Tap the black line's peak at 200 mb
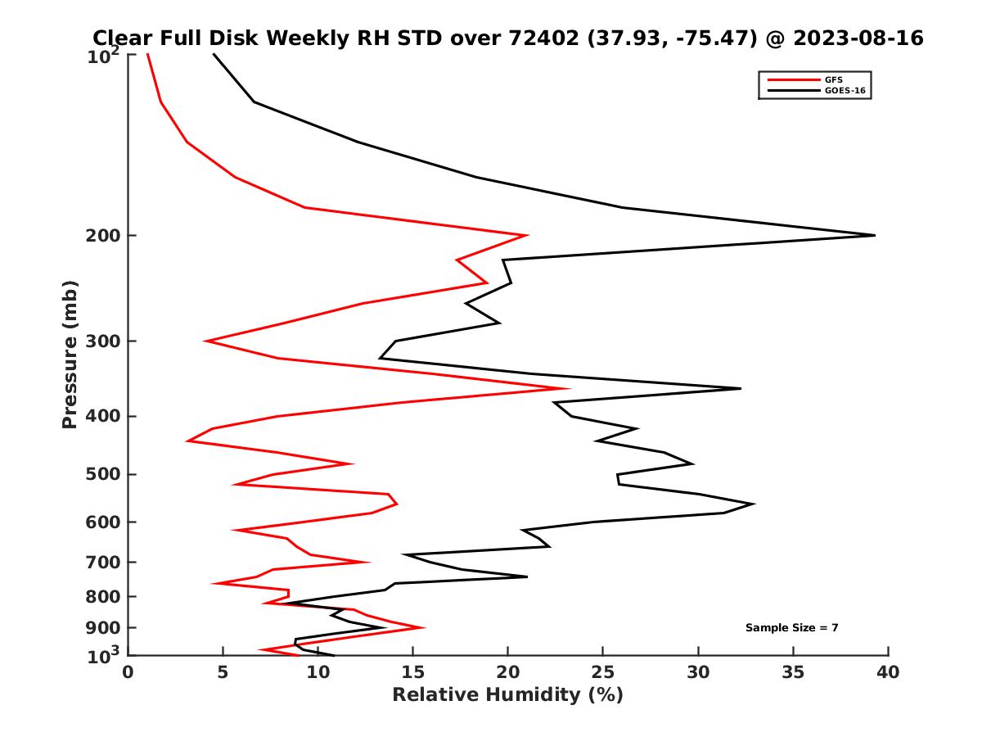coord(874,235)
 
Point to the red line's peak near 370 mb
coord(569,389)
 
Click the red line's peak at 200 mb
coord(526,235)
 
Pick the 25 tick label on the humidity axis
coord(603,672)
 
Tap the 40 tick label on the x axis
coord(888,672)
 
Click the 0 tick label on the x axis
coord(128,672)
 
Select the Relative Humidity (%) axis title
coord(507,695)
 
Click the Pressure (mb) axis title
coord(70,354)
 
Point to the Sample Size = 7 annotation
coord(791,628)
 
